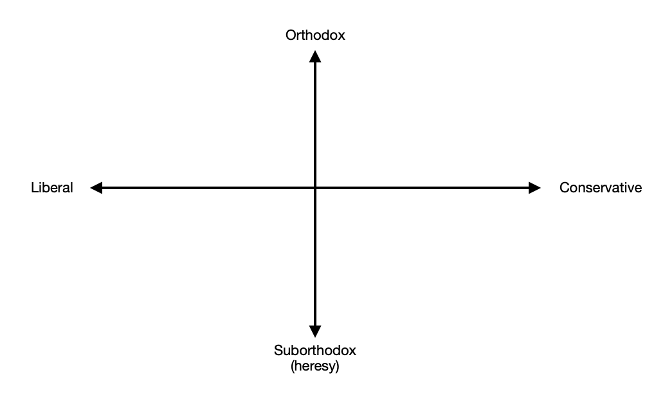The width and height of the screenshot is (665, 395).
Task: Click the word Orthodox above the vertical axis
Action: coord(315,35)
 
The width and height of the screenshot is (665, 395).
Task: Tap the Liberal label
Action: coord(52,188)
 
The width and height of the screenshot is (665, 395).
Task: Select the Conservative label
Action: coord(601,188)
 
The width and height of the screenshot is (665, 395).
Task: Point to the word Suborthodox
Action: coord(315,351)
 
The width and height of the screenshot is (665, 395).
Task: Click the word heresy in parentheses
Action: coord(315,367)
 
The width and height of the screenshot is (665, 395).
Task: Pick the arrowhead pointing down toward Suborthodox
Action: coord(315,331)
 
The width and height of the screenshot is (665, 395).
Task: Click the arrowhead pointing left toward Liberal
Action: coord(96,188)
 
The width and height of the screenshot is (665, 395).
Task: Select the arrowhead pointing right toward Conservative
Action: coord(534,188)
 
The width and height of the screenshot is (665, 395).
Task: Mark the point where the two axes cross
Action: coord(315,188)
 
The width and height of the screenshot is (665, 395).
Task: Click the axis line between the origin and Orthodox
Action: coord(315,122)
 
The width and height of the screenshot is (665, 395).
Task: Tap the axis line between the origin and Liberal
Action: coord(206,188)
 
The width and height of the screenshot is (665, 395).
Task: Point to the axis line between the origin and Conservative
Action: coord(424,188)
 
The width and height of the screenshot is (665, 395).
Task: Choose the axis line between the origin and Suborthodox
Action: coord(315,257)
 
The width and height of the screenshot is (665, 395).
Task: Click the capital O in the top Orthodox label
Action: coord(291,35)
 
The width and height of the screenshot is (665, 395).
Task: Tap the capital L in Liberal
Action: coord(34,188)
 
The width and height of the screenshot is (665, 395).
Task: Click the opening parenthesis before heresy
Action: coord(293,367)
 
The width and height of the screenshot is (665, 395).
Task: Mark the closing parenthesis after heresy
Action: coord(337,367)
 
